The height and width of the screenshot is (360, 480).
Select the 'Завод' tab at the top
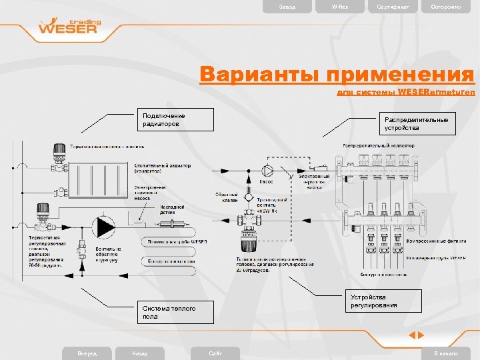coord(287,7)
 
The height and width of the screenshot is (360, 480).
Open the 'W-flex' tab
coord(340,7)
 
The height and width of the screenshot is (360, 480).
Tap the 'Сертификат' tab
coord(394,7)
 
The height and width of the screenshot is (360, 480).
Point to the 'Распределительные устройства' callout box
coord(419,123)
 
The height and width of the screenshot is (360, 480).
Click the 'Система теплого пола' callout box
coord(177,312)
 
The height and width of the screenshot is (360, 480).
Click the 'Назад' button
coord(140,353)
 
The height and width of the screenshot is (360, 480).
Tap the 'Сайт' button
coord(215,353)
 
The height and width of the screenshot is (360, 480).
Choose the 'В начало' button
coord(446,353)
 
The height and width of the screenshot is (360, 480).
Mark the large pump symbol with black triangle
coord(104,227)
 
